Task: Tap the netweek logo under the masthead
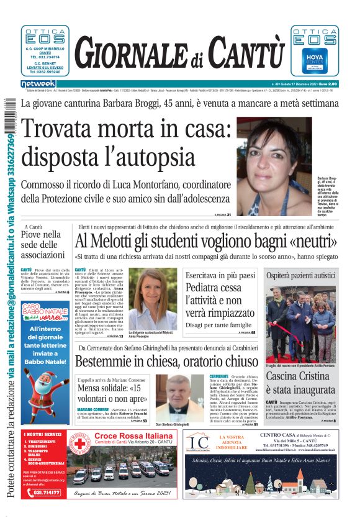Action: tap(38, 84)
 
